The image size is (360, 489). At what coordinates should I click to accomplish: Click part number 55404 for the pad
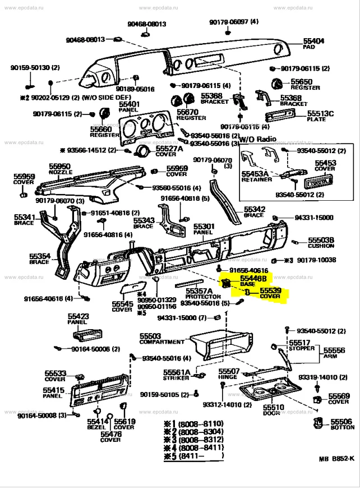[x=314, y=41]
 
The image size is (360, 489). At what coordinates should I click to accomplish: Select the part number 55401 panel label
[x=130, y=104]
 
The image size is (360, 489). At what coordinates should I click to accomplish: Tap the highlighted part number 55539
[x=270, y=290]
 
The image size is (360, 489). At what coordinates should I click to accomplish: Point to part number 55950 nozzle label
[x=59, y=167]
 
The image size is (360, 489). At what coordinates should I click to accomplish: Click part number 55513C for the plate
[x=321, y=114]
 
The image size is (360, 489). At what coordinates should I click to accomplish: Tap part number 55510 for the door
[x=274, y=407]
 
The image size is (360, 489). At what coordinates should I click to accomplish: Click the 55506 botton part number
[x=341, y=421]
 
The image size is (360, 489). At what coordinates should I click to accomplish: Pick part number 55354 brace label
[x=39, y=256]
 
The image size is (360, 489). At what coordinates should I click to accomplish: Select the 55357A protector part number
[x=199, y=291]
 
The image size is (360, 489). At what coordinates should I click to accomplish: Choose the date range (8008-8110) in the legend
[x=201, y=423]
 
